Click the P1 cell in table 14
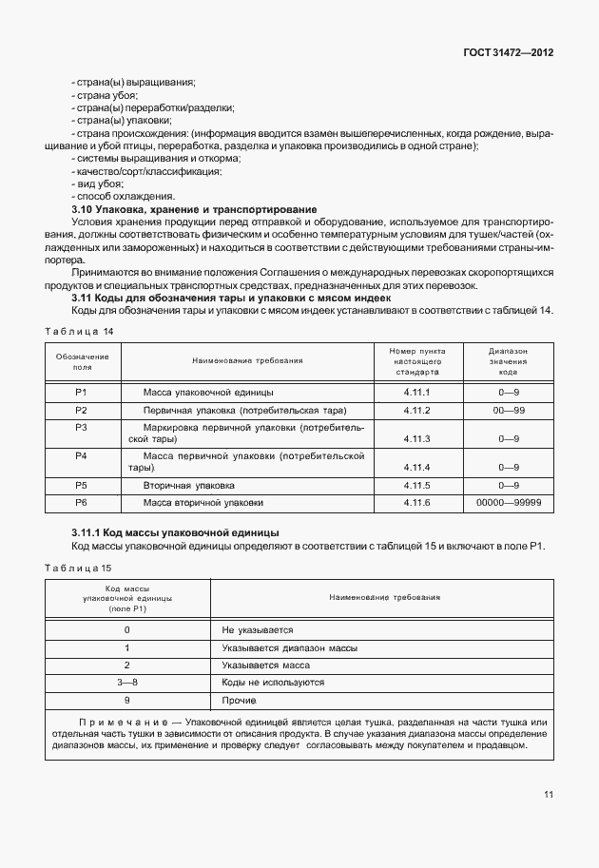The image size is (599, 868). tap(82, 393)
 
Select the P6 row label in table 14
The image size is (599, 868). tap(82, 502)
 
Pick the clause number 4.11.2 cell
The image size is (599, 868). tap(416, 410)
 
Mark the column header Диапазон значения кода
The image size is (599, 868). tap(508, 361)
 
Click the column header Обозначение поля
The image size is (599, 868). tap(82, 361)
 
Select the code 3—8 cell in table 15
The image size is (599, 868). tap(127, 683)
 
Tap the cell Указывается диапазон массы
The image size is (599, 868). tap(276, 647)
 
